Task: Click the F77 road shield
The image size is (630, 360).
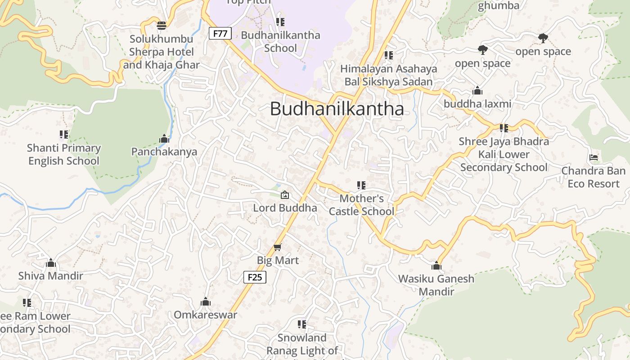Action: [220, 33]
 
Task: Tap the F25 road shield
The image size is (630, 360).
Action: [255, 277]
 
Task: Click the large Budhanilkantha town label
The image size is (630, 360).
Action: [337, 109]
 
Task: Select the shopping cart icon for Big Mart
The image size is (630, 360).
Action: [278, 247]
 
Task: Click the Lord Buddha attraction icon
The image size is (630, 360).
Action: [284, 195]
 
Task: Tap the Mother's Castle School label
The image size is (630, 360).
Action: [361, 205]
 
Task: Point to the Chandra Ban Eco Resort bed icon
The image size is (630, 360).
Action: [594, 157]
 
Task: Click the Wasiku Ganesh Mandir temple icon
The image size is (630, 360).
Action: [436, 265]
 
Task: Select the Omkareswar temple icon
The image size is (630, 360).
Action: [206, 301]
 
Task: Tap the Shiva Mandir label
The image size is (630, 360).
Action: [51, 275]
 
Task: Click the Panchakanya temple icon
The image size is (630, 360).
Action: [164, 139]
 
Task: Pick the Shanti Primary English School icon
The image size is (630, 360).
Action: [64, 135]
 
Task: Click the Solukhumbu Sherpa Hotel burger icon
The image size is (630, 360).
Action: [162, 26]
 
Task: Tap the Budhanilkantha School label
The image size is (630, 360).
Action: [280, 41]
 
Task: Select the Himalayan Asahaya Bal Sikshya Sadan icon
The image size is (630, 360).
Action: [388, 55]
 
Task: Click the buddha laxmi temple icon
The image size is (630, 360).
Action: [477, 91]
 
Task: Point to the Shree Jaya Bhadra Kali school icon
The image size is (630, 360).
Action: [504, 128]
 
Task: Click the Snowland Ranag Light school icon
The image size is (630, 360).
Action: [302, 324]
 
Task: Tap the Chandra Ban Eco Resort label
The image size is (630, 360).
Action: [593, 177]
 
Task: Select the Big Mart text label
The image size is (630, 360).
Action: [278, 260]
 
